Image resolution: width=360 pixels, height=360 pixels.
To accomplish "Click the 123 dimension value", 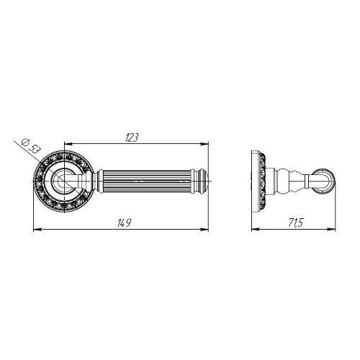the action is (132, 138).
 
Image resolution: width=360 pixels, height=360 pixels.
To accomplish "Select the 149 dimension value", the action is (124, 223).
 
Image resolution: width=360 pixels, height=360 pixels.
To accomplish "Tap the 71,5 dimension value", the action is (295, 223).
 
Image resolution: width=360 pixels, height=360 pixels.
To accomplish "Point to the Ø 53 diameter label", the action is (30, 146).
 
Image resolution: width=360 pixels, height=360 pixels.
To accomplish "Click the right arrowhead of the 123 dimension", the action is (204, 144).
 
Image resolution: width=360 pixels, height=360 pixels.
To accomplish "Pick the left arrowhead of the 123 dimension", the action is (68, 144).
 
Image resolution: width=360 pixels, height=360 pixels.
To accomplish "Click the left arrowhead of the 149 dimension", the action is (37, 230).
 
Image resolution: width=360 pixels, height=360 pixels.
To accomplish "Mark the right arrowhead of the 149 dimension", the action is (204, 230).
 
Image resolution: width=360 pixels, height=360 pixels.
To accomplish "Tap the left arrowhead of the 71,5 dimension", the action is (256, 230).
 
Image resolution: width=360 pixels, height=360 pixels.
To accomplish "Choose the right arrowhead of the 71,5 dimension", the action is (331, 230).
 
